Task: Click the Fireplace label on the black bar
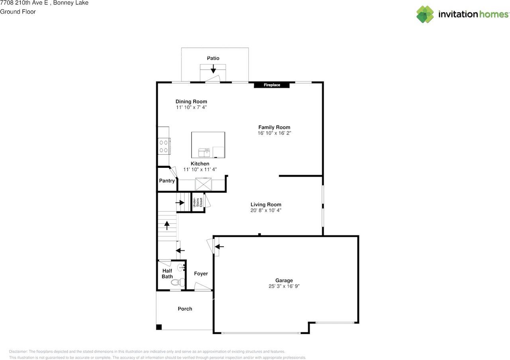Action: click(x=272, y=85)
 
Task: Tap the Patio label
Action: click(x=213, y=58)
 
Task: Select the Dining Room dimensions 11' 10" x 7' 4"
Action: click(x=191, y=107)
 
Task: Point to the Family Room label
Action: click(x=274, y=127)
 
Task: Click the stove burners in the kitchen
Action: click(x=164, y=146)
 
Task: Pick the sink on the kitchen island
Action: click(x=204, y=153)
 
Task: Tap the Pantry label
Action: click(x=167, y=181)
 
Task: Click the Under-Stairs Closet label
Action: click(x=198, y=203)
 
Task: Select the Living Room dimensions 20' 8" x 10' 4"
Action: click(x=266, y=210)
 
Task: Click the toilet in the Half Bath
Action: click(x=178, y=283)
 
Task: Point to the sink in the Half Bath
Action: click(x=181, y=268)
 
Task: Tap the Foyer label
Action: click(x=201, y=273)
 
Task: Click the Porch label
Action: click(x=185, y=309)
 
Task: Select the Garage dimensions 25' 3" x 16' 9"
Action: click(x=284, y=286)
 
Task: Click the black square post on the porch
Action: click(x=159, y=327)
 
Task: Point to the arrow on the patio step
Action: click(x=213, y=69)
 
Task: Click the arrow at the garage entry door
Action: click(x=219, y=246)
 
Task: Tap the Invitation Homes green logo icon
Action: click(x=425, y=14)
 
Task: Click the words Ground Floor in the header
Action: click(x=18, y=12)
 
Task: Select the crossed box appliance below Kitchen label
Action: click(x=203, y=185)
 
